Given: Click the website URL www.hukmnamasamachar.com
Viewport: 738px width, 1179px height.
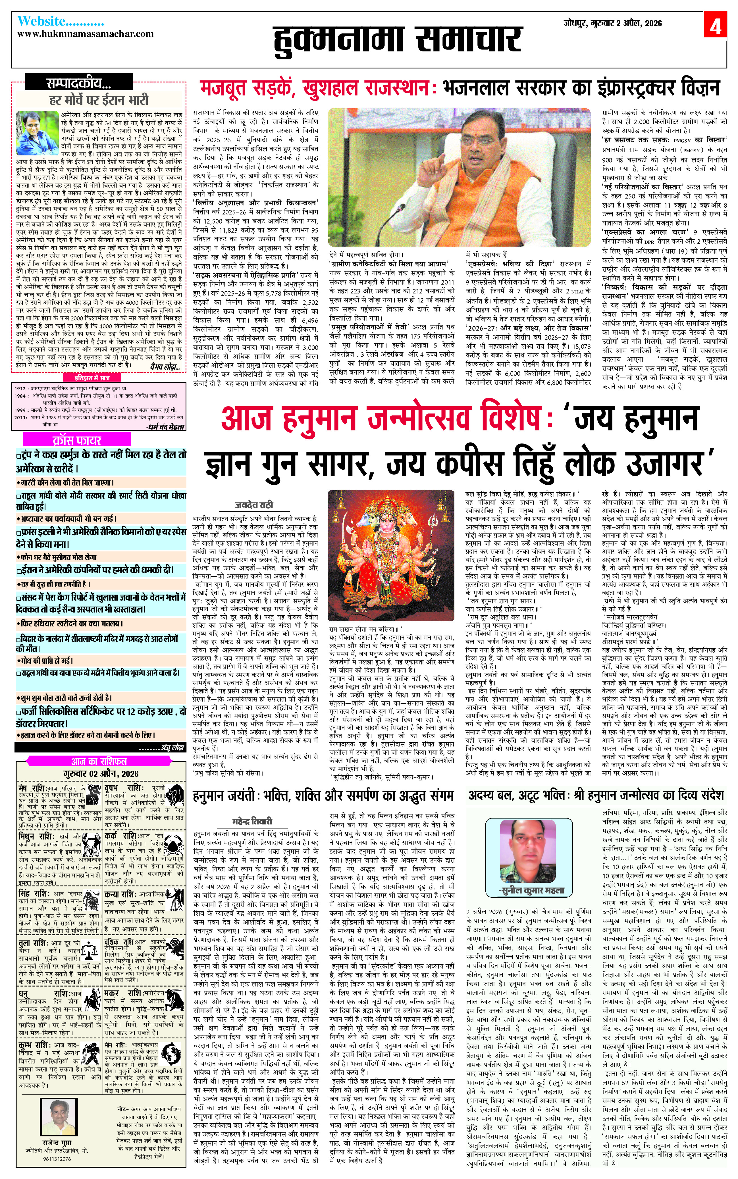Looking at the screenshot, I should point(86,34).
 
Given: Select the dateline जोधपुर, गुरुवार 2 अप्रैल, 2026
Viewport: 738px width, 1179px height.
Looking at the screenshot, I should point(613,23).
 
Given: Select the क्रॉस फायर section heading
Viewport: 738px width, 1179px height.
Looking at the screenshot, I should point(77,440).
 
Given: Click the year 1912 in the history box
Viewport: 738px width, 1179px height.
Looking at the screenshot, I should point(20,388).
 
